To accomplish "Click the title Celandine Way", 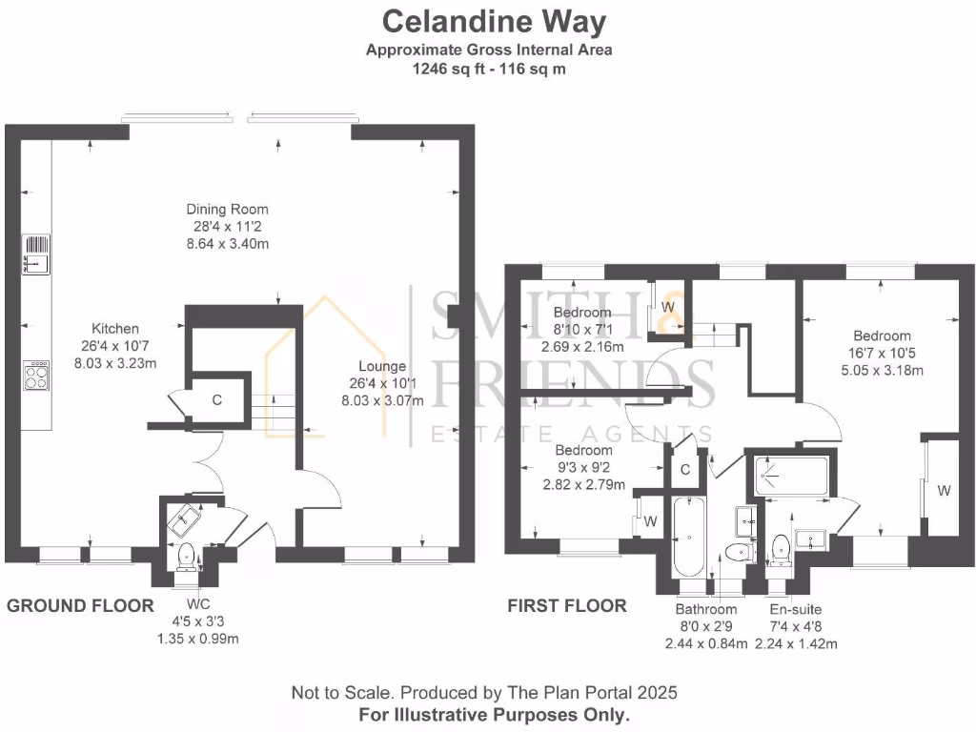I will pos(493,20).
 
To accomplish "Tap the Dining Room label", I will pos(227,226).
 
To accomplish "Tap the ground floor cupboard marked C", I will pos(217,400).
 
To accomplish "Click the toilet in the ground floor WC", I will pos(186,553).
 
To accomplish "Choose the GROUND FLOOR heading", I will pos(80,605).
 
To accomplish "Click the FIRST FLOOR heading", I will pos(566,606).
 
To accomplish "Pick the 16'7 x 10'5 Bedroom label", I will pos(882,353).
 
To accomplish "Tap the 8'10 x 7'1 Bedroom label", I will pos(581,330).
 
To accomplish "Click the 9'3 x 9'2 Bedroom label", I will pos(583,467).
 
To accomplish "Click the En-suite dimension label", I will pos(795,626).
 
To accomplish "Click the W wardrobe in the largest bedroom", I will pos(943,491).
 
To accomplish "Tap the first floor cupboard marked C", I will pos(685,469).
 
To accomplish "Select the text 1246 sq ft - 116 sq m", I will pos(489,69).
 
